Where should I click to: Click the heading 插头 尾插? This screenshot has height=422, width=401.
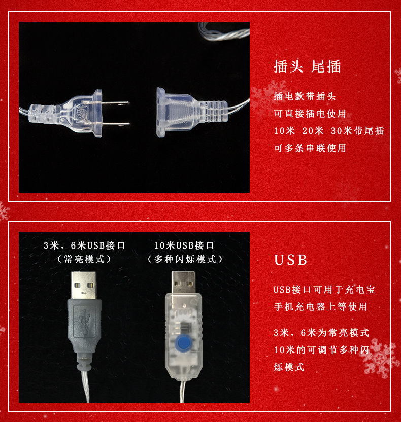(307, 66)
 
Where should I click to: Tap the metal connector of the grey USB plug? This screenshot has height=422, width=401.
(83, 285)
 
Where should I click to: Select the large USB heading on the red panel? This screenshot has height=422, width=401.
(290, 260)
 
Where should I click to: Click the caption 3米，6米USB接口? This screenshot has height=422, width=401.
(85, 245)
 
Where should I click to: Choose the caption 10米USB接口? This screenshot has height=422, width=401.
(184, 245)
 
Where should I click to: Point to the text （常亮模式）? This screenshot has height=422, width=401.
(84, 259)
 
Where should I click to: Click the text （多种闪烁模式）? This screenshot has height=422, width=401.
(185, 259)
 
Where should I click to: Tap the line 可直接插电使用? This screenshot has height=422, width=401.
(310, 113)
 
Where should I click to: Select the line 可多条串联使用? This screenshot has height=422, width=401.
(310, 148)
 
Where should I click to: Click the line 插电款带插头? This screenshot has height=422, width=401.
(305, 96)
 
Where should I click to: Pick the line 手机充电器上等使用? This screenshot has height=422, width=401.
(320, 306)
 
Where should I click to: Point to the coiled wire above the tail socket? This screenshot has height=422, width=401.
(224, 31)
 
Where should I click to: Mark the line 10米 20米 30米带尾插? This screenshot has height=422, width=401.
(329, 130)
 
